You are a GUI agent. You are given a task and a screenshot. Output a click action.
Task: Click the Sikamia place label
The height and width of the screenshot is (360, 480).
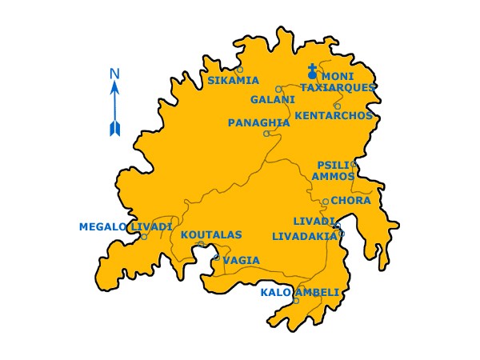tap(233, 81)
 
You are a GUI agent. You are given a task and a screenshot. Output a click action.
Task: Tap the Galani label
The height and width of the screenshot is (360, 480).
tap(272, 100)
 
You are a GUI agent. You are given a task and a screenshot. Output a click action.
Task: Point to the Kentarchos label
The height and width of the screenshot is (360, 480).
tap(334, 115)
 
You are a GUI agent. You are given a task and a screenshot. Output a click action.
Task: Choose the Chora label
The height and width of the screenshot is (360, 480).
tap(350, 201)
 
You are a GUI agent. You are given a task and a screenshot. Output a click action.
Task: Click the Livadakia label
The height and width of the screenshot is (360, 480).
tap(305, 237)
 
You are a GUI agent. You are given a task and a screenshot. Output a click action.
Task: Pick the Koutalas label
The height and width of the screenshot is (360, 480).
tap(211, 235)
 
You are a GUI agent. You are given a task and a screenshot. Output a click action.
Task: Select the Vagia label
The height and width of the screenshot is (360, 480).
tap(241, 260)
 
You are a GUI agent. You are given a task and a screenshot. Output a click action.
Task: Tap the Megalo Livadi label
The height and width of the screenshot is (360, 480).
tap(125, 227)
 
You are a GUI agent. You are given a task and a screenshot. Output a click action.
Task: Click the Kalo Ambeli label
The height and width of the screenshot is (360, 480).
tap(300, 292)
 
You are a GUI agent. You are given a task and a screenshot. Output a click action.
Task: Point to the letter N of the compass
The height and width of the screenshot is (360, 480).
tap(114, 75)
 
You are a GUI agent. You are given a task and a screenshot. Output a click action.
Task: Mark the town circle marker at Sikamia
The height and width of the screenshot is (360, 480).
tap(239, 70)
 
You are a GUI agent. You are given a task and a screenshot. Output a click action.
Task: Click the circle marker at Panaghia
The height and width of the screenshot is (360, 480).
tap(266, 134)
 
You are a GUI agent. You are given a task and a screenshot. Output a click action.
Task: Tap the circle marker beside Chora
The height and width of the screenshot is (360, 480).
tap(326, 202)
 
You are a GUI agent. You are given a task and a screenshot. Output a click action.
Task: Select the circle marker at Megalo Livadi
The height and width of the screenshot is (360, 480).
tap(144, 237)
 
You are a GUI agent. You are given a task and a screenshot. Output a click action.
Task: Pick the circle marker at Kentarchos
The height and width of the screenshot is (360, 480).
tap(337, 106)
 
